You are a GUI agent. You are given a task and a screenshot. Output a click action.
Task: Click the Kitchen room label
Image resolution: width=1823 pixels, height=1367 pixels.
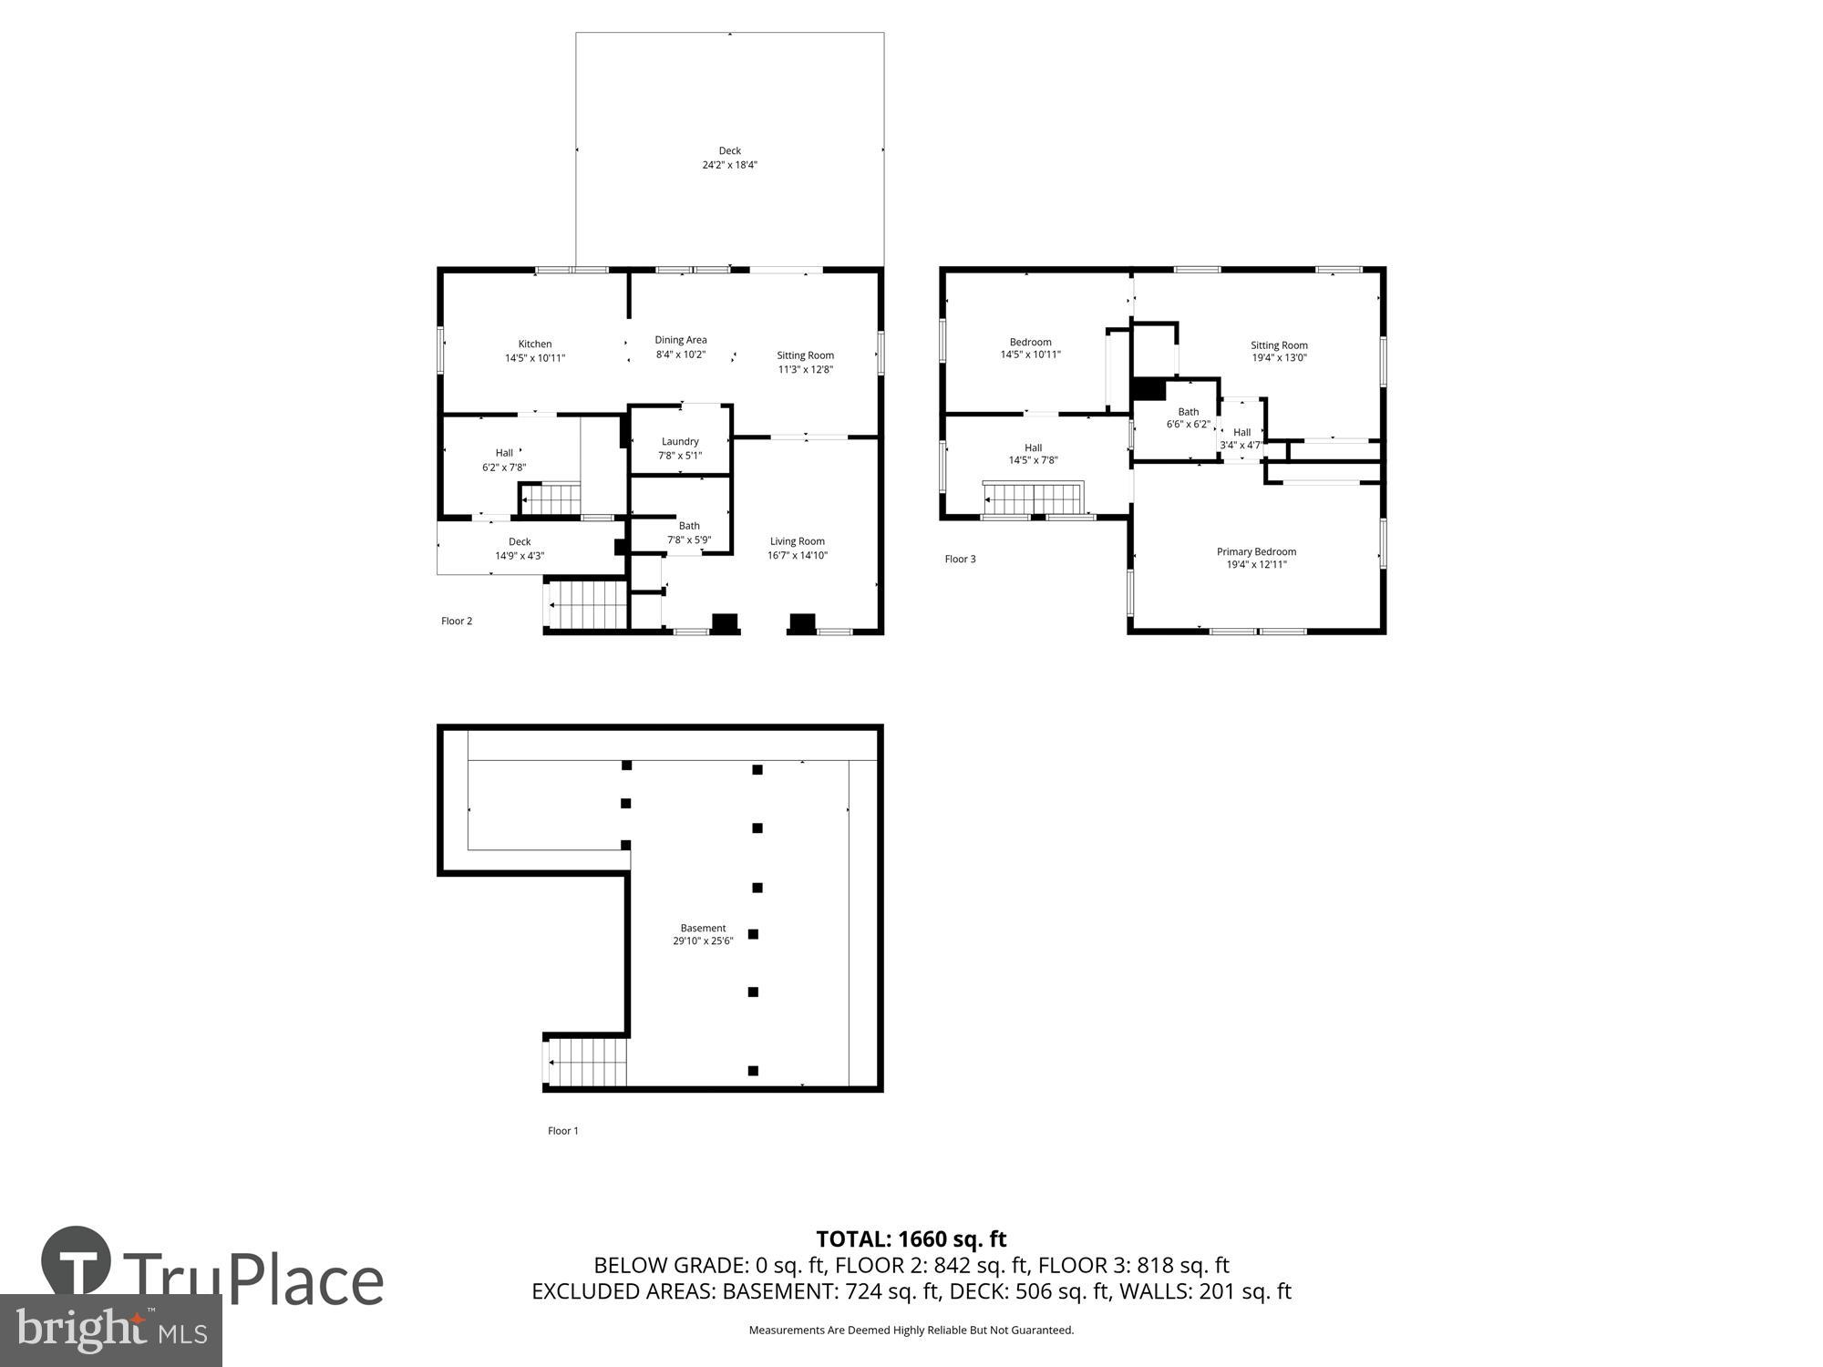coord(535,344)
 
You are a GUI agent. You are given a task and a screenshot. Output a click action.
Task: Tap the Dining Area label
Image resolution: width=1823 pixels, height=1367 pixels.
coord(680,340)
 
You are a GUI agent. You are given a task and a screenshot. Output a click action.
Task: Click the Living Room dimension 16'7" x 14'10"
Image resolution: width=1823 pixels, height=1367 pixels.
coord(797,555)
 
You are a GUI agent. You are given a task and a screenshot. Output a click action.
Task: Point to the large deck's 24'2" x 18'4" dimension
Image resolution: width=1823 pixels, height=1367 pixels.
coord(729,165)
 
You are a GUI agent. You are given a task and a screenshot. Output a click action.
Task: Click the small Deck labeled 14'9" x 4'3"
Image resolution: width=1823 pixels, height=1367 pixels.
coord(519,549)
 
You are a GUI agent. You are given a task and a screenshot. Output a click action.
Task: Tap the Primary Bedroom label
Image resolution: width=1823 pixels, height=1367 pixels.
coord(1256,551)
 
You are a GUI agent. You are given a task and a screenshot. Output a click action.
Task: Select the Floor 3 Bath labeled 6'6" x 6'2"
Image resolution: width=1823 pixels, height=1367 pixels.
coord(1188,417)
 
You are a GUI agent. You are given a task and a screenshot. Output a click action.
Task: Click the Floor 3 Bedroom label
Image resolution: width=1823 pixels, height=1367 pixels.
coord(1030,342)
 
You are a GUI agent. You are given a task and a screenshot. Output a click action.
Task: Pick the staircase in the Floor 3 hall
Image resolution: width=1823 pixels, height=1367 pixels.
coord(1034,498)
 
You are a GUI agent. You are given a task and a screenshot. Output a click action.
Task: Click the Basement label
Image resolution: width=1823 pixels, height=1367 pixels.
coord(703,928)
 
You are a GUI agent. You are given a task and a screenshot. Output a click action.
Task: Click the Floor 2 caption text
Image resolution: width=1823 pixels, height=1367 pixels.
coord(457,621)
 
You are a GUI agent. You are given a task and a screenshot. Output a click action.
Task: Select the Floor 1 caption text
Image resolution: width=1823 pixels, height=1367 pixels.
coord(562,1130)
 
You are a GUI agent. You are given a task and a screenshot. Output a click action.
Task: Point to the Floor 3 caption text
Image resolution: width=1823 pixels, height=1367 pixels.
coord(960,559)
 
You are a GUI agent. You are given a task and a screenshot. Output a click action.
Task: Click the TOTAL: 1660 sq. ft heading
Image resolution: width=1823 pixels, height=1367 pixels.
coord(911,1239)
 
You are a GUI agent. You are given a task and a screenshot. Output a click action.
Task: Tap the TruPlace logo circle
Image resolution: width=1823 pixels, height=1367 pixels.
coord(76,1262)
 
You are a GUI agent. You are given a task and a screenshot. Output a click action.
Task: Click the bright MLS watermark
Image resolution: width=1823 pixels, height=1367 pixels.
coord(109,1331)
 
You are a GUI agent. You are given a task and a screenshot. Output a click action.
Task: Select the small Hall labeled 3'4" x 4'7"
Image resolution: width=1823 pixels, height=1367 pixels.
coord(1241,438)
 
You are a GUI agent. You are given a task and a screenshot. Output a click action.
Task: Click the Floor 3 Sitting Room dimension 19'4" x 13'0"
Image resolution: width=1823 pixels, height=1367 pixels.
coord(1279,358)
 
